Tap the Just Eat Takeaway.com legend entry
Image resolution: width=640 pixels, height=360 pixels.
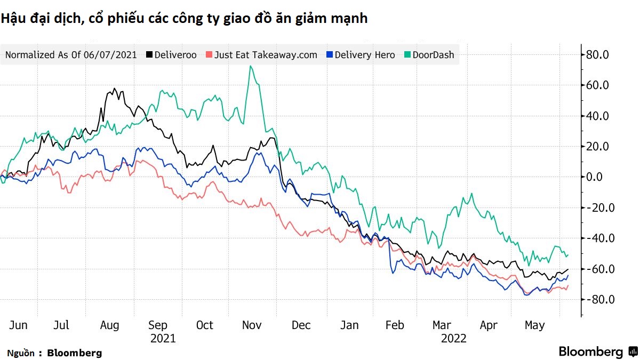[261, 54]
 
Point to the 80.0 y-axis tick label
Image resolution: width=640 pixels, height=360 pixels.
[597, 54]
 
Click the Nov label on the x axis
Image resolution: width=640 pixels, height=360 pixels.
[252, 325]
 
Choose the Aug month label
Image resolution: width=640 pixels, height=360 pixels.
[109, 325]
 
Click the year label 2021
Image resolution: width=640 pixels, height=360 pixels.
[163, 339]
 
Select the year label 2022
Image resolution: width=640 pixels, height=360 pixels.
[454, 339]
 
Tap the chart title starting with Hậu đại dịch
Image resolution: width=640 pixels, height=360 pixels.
[184, 19]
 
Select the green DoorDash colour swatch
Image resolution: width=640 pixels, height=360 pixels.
[407, 54]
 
